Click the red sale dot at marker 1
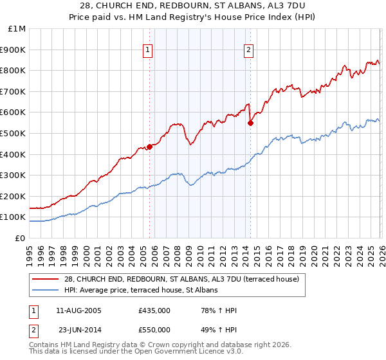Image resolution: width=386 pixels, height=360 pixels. coord(149,147)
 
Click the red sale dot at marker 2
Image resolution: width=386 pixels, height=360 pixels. coord(250,123)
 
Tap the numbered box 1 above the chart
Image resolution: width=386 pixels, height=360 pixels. coord(148,49)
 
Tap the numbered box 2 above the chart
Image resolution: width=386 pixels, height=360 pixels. coord(248,49)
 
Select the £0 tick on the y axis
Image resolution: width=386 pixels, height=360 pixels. coord(21,238)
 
